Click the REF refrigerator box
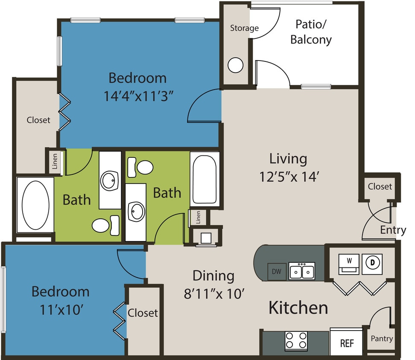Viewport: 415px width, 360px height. [346, 343]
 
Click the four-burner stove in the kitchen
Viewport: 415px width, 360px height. [296, 340]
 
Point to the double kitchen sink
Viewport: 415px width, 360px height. [301, 271]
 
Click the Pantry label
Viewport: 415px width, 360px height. [381, 339]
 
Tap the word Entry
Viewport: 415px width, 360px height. [393, 230]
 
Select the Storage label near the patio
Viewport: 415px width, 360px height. [244, 28]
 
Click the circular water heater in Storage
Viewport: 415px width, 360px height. [235, 65]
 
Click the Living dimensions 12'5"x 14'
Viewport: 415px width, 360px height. [288, 176]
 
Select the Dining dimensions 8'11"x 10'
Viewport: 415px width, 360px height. [213, 293]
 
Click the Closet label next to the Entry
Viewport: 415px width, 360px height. [380, 186]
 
